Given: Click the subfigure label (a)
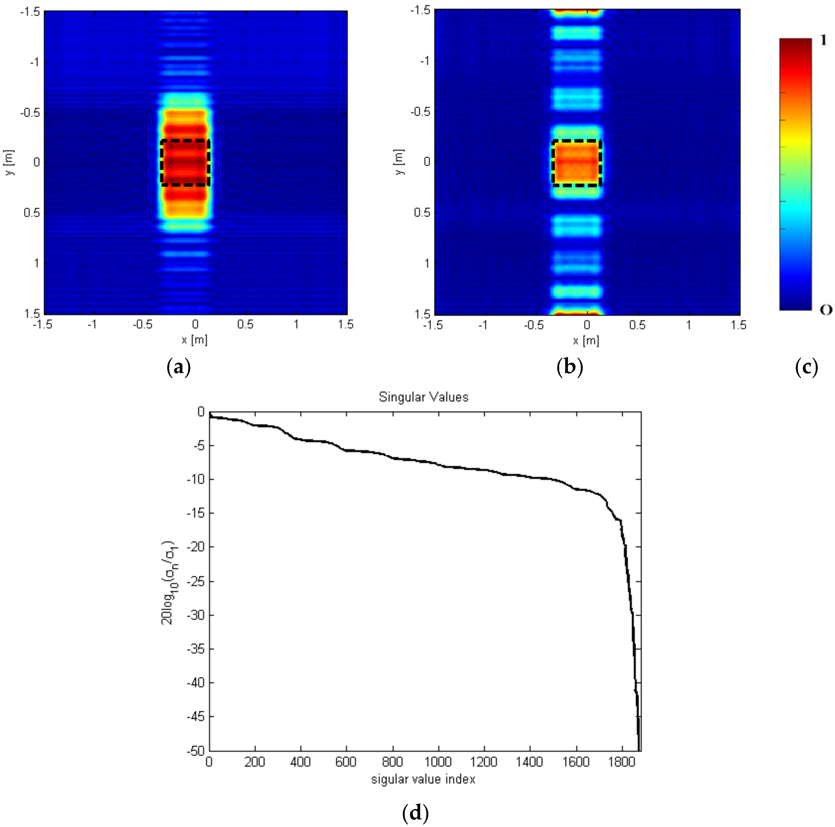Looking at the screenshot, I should (x=179, y=368).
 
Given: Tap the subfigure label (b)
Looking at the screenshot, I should (x=570, y=368).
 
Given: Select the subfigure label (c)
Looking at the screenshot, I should (x=806, y=368).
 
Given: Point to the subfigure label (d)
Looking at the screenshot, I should (x=415, y=814).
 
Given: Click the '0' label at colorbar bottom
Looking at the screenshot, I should (x=825, y=310).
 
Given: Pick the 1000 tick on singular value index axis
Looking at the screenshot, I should (x=438, y=762).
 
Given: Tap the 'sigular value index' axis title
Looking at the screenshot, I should (x=423, y=779).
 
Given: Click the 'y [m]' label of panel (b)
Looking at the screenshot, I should (x=400, y=162).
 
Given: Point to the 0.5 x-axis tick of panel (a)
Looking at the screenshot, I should (x=245, y=325).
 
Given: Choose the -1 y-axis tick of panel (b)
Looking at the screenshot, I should (x=425, y=61).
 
